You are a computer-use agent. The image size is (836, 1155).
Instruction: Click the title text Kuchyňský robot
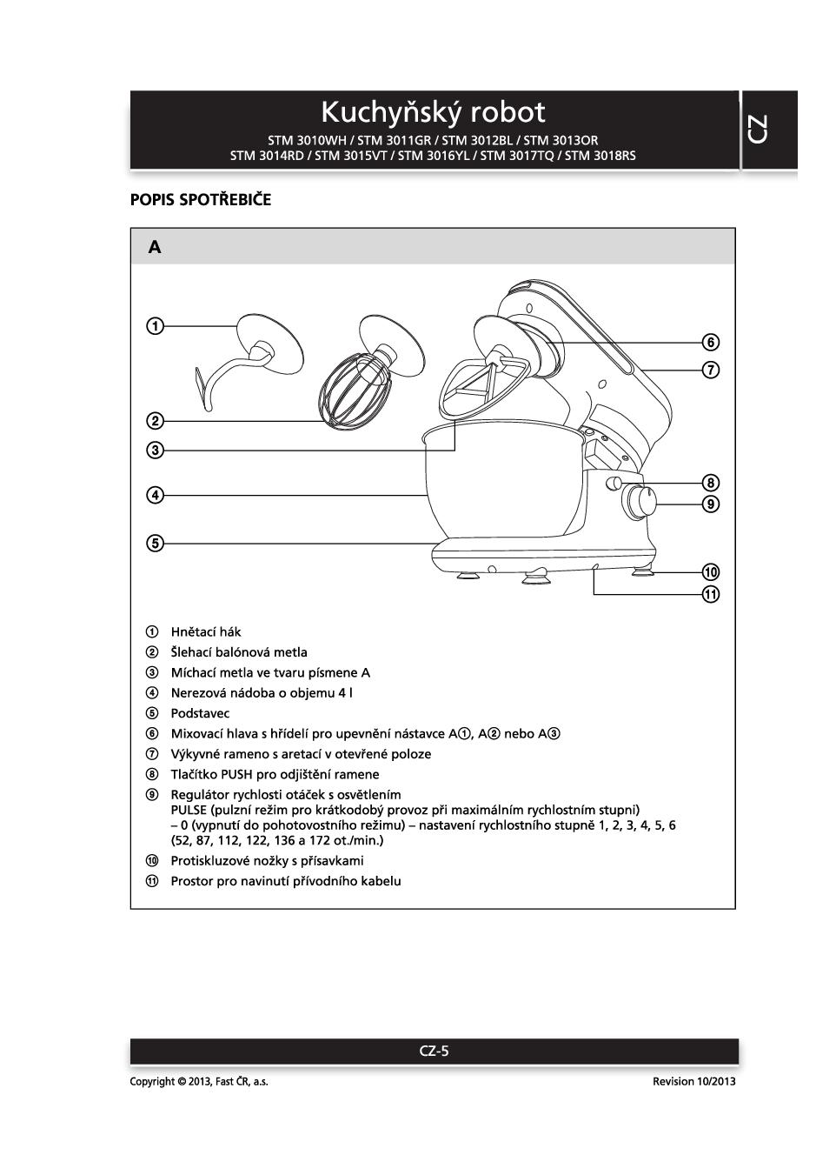tap(433, 112)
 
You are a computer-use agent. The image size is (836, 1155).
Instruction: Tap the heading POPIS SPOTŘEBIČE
tap(201, 200)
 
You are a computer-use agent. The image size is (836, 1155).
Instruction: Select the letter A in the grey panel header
tap(155, 247)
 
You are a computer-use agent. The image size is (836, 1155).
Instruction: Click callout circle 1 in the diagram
tap(154, 326)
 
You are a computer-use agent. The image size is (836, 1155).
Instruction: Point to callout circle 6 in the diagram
tap(711, 342)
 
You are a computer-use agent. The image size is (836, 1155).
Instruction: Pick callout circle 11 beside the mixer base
tap(711, 595)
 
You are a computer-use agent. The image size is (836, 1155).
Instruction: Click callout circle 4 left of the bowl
tap(154, 496)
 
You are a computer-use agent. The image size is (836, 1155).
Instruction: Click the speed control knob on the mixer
tap(640, 501)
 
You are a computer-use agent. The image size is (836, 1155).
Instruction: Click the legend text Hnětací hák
tap(206, 632)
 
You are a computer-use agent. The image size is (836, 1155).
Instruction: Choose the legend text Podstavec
tap(200, 713)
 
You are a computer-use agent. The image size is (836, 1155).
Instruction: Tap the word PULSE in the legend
tap(189, 810)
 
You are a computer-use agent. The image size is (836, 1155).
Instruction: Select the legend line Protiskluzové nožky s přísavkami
tap(267, 861)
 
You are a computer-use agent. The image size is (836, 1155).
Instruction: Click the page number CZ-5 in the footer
tap(434, 1051)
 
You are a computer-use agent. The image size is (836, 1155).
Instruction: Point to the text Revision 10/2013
tap(693, 1081)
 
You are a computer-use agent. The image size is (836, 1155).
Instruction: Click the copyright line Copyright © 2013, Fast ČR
tap(199, 1081)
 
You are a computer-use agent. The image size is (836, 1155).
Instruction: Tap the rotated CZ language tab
tap(758, 130)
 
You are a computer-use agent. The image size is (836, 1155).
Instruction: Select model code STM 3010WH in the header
tap(309, 140)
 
